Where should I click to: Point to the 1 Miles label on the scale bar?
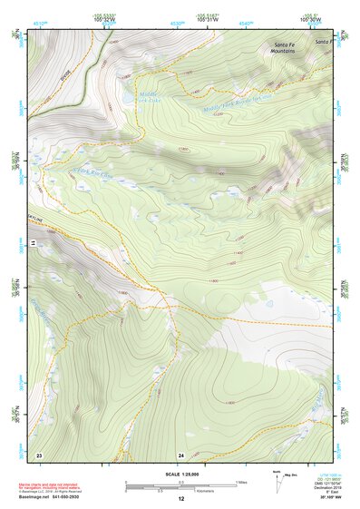[241, 481]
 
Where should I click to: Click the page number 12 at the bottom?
[180, 499]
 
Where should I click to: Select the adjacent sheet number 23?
[39, 454]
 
